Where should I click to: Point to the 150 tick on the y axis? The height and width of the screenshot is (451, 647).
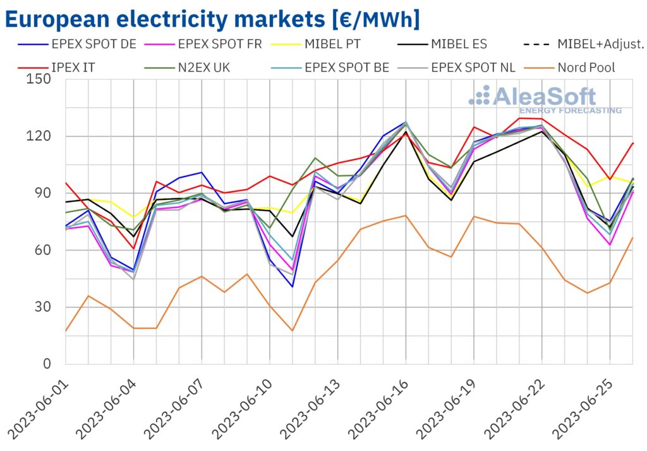pyautogui.click(x=39, y=80)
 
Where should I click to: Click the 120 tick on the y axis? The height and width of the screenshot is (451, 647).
pyautogui.click(x=39, y=137)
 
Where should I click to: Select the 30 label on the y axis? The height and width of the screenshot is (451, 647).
pyautogui.click(x=44, y=307)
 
